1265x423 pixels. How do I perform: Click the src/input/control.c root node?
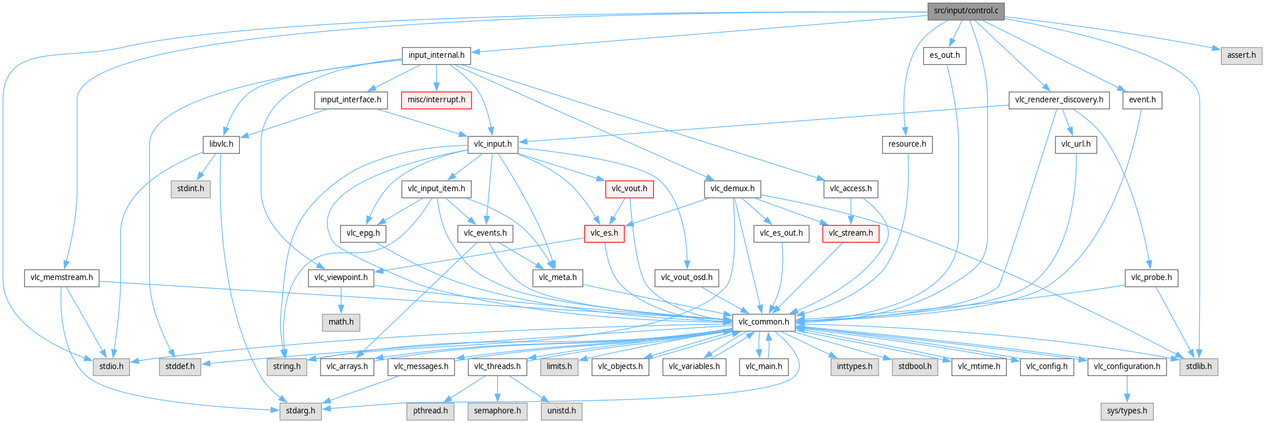tap(966, 11)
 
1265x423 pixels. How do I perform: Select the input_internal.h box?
tap(436, 56)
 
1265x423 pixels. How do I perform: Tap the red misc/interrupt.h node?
tap(436, 100)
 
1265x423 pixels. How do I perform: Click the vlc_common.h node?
tap(764, 322)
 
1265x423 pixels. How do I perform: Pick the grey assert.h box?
tap(1241, 56)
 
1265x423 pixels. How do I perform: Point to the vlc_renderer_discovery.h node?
tap(1059, 100)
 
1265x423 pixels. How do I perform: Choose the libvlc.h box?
tap(221, 144)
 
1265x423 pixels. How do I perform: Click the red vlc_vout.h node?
tap(629, 189)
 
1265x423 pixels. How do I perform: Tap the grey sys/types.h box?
tap(1126, 411)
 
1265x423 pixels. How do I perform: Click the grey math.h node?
tap(341, 322)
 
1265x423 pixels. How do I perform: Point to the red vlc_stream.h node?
tap(851, 234)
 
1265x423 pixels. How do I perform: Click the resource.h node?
tap(907, 144)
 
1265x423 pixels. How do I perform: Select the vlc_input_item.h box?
tap(436, 189)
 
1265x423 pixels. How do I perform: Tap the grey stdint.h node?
tap(191, 189)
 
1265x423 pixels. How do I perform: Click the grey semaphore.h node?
tap(497, 411)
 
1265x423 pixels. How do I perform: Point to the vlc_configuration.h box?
tap(1126, 367)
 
